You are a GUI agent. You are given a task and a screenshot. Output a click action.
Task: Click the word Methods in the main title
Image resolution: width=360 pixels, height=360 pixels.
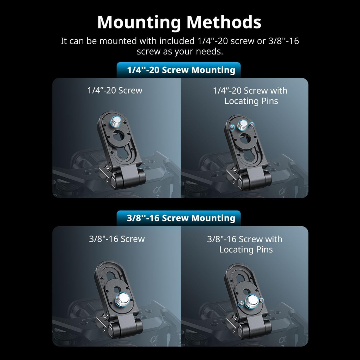(224, 22)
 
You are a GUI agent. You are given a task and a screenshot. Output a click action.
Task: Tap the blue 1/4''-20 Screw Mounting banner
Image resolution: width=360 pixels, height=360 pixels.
(179, 70)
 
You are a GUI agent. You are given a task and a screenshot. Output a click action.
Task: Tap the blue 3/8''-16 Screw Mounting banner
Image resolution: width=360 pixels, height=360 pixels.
(179, 218)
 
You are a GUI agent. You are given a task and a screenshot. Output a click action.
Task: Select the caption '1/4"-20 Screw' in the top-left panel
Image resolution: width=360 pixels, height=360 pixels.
(115, 90)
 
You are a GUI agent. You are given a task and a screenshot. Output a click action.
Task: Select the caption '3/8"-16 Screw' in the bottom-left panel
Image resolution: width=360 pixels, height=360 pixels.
(117, 239)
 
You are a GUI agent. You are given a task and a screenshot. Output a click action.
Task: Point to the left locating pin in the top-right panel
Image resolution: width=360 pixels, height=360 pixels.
(233, 127)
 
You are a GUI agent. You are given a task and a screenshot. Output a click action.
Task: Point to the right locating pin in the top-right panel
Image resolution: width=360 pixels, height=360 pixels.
(252, 124)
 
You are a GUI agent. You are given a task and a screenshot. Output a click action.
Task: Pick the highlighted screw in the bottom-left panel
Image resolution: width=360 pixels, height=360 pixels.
(122, 300)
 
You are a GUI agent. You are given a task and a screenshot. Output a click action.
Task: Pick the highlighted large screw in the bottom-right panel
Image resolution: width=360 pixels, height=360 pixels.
(252, 301)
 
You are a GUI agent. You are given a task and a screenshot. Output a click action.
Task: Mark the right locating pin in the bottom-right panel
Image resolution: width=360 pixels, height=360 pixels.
(261, 300)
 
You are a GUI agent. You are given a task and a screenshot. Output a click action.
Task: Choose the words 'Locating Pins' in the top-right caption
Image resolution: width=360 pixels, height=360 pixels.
(251, 101)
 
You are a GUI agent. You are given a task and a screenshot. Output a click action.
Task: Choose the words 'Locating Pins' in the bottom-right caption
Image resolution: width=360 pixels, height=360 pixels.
(246, 250)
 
